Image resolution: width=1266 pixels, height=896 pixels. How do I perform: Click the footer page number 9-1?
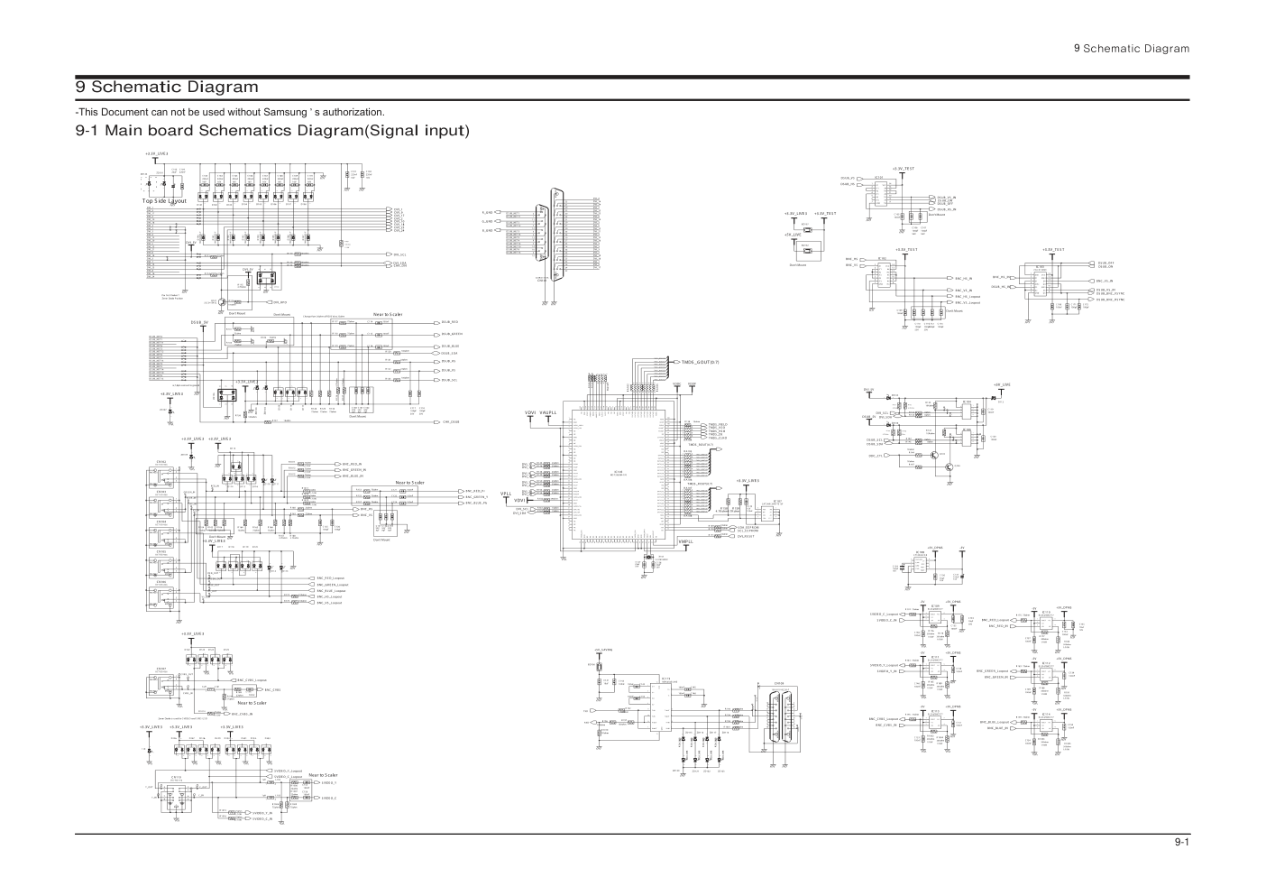point(1181,844)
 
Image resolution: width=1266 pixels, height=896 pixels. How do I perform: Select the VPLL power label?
point(506,494)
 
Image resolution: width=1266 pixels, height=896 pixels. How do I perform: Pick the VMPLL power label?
point(685,540)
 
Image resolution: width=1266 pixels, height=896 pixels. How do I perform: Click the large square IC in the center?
point(619,476)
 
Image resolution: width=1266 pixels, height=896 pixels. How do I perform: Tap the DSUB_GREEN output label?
point(450,334)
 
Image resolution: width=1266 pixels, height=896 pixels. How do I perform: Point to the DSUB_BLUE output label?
point(450,346)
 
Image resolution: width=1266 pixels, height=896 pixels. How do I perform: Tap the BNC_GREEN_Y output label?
point(477,496)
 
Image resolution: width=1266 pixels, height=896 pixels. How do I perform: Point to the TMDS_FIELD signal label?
point(718,423)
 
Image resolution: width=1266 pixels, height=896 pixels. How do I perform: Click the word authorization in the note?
point(346,111)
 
